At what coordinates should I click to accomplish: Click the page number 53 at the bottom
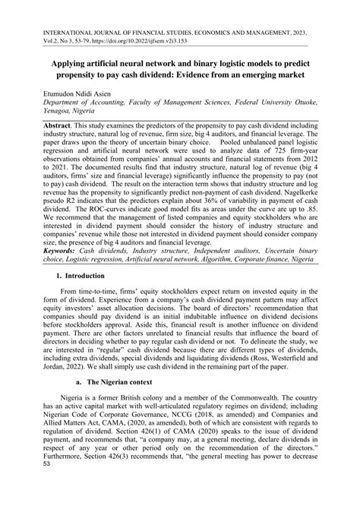tap(47, 497)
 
